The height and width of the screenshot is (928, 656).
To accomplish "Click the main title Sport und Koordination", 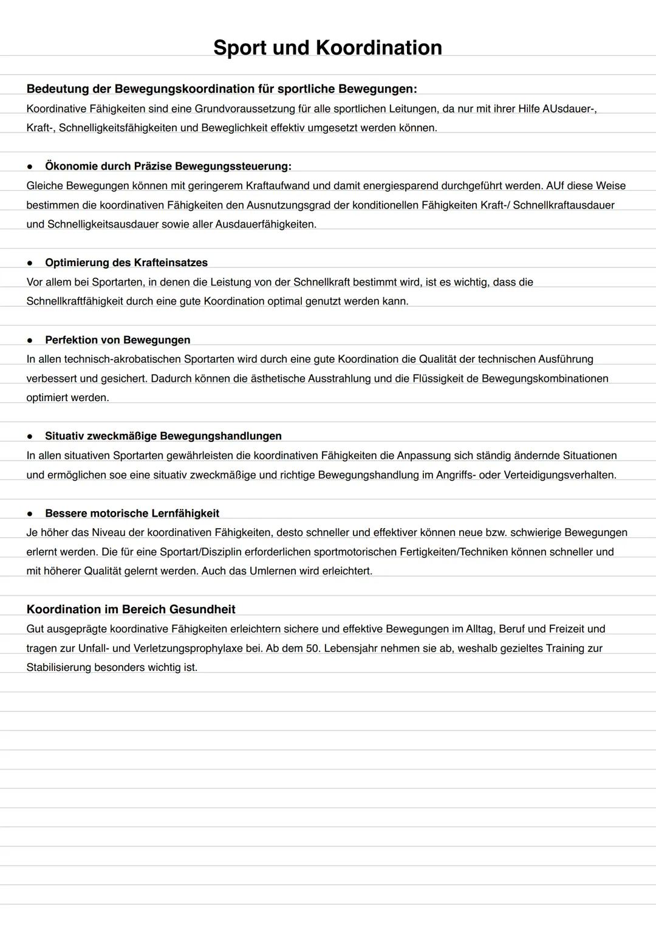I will pos(327,47).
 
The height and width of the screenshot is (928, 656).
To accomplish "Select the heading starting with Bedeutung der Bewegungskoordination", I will pos(222,89).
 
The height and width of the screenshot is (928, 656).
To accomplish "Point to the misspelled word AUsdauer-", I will pos(569,109).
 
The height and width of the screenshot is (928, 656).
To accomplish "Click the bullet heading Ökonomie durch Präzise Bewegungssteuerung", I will pos(168,166).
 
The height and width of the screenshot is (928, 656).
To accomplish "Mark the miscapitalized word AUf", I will pos(555,185).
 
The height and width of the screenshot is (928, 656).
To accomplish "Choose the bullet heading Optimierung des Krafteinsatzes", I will pos(126,263).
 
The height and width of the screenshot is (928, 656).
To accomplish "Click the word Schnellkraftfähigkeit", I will pos(75,301).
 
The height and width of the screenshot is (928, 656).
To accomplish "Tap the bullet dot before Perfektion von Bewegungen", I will pos(29,340).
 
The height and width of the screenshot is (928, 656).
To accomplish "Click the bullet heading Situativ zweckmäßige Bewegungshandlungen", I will pos(163,436).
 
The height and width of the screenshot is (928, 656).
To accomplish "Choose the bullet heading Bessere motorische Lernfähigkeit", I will pos(132,513).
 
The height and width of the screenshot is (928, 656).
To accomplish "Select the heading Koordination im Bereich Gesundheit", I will pos(131,609).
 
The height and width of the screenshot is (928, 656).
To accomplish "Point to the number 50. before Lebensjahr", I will pos(313,648).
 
